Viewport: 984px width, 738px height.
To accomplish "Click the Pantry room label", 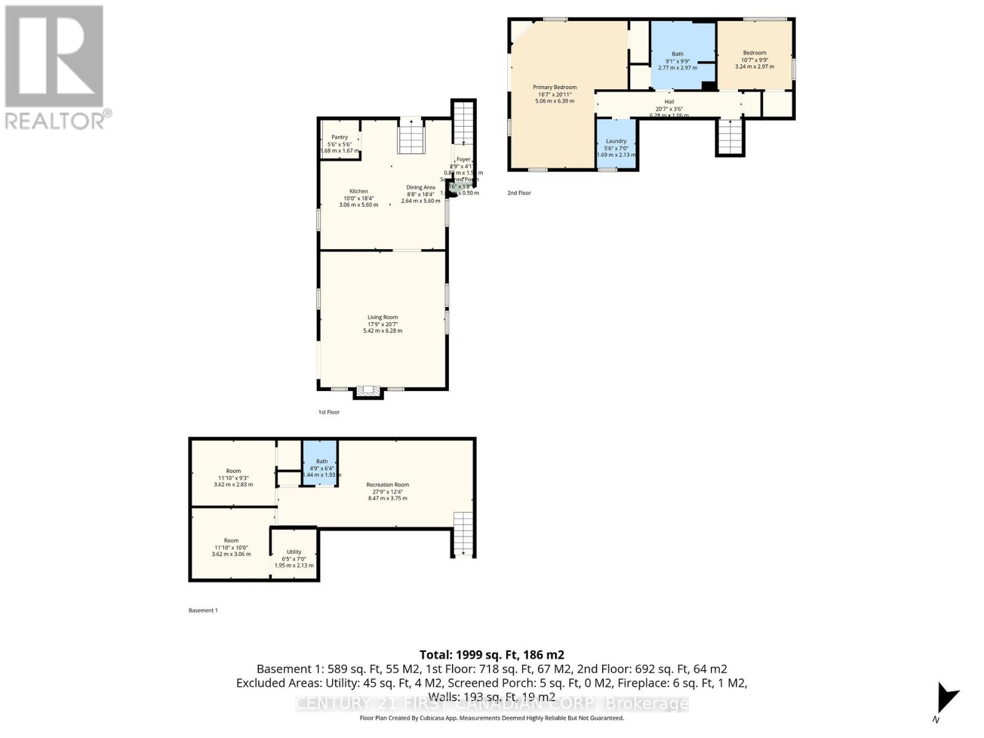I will click(339, 138).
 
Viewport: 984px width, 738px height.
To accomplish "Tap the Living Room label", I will click(383, 318).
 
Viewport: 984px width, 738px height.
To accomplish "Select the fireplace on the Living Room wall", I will click(369, 391).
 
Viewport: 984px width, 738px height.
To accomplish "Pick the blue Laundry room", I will click(616, 144).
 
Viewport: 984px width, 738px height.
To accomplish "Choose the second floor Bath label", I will click(677, 54).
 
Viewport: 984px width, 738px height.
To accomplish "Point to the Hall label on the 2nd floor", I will click(669, 102).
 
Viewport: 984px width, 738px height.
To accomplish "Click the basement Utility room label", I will click(294, 552).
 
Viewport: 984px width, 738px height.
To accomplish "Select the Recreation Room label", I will click(387, 485).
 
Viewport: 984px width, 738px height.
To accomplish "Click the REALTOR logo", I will click(55, 68).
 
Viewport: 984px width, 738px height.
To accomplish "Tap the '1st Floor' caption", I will click(329, 412).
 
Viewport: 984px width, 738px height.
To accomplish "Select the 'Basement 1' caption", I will click(203, 611).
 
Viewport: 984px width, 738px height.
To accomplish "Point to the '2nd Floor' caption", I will click(519, 193).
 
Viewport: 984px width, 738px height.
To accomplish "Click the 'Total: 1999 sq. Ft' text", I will click(491, 655).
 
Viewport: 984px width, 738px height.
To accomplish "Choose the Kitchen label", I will click(359, 191).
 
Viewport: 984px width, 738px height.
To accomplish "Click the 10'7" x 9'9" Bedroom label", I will click(755, 53).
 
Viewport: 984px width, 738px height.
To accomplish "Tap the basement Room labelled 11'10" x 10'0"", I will click(231, 541).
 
